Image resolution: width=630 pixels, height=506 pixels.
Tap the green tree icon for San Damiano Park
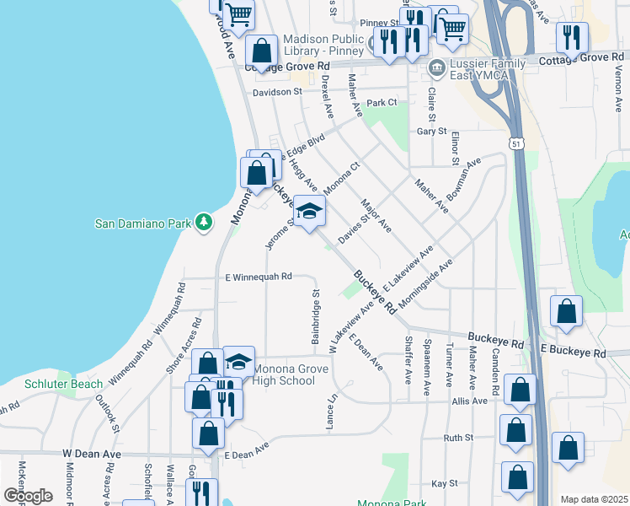[x=203, y=223]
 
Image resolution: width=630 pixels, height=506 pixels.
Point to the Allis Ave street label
[x=469, y=401]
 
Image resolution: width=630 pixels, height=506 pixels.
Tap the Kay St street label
[x=444, y=483]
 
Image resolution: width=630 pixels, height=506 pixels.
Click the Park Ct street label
[x=381, y=103]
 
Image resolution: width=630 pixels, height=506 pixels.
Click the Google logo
[x=28, y=496]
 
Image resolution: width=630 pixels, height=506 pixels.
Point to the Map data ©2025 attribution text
[x=594, y=499]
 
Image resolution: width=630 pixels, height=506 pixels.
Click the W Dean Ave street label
[x=92, y=454]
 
